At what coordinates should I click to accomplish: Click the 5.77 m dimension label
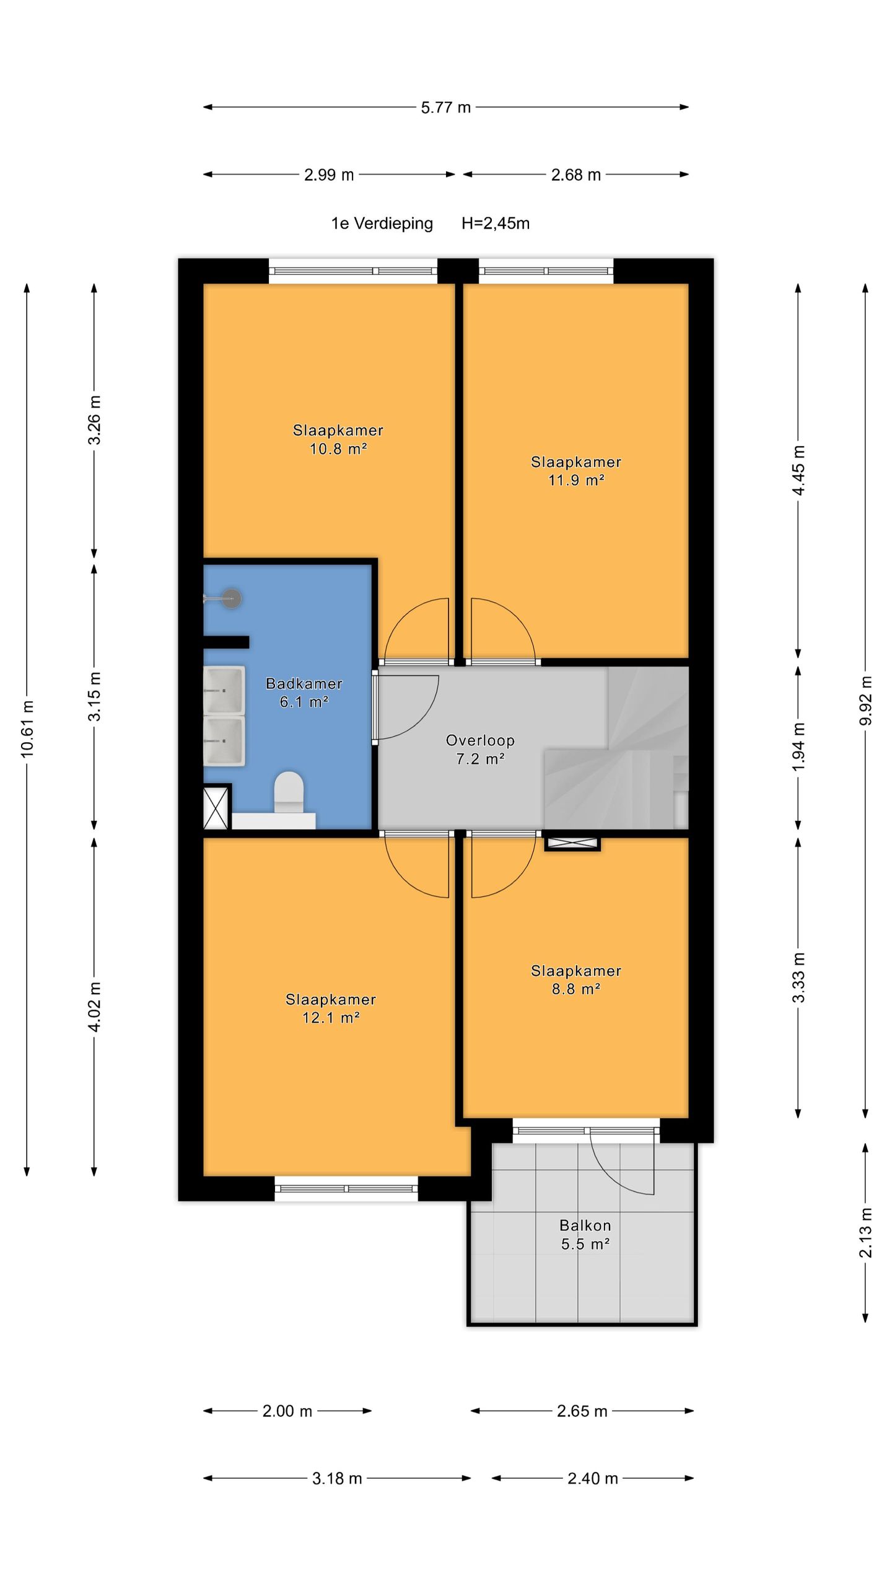pyautogui.click(x=446, y=107)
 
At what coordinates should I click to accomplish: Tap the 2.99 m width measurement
pyautogui.click(x=329, y=175)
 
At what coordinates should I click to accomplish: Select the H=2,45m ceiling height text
pyautogui.click(x=496, y=223)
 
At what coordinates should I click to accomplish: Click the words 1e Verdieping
pyautogui.click(x=382, y=223)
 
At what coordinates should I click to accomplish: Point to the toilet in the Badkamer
pyautogui.click(x=289, y=792)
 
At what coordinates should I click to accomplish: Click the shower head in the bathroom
pyautogui.click(x=232, y=598)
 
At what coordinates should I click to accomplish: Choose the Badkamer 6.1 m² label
pyautogui.click(x=304, y=693)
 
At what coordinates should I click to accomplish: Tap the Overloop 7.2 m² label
pyautogui.click(x=480, y=749)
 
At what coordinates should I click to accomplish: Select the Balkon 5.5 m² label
pyautogui.click(x=585, y=1234)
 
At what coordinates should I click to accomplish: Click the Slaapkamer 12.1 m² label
pyautogui.click(x=331, y=1008)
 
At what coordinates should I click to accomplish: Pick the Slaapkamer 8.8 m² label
pyautogui.click(x=576, y=979)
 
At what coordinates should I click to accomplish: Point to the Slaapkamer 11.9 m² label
pyautogui.click(x=576, y=471)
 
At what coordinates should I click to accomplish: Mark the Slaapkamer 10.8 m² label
pyautogui.click(x=338, y=439)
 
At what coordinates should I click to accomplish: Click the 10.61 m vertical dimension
pyautogui.click(x=27, y=729)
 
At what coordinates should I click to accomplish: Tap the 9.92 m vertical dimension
pyautogui.click(x=865, y=700)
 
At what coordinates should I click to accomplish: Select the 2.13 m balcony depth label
pyautogui.click(x=865, y=1232)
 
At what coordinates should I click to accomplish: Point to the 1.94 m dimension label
pyautogui.click(x=798, y=747)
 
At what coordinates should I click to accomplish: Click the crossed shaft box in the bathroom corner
pyautogui.click(x=216, y=808)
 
